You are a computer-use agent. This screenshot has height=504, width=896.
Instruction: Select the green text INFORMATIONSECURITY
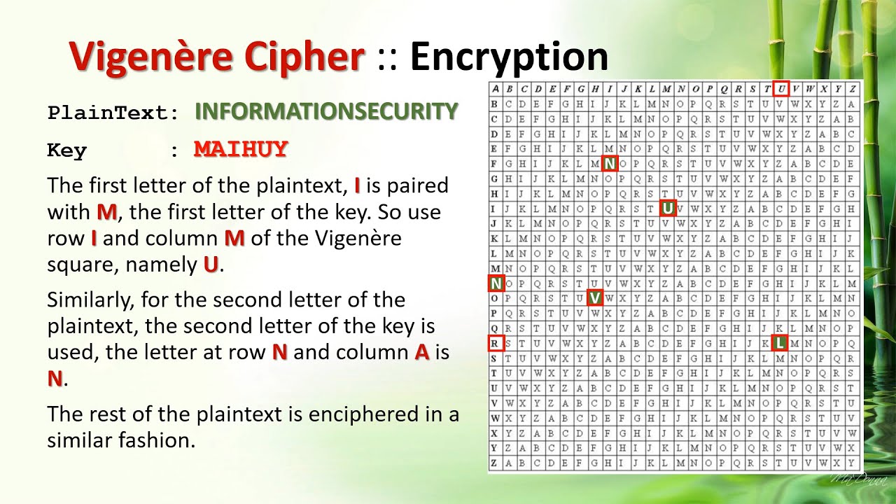pyautogui.click(x=326, y=111)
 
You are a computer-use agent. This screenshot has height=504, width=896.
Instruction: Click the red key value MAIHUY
pyautogui.click(x=241, y=149)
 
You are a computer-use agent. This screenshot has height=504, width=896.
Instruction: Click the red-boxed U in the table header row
pyautogui.click(x=782, y=89)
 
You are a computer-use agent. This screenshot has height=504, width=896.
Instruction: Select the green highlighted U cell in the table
pyautogui.click(x=668, y=207)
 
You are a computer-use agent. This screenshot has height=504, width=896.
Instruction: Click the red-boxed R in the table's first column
pyautogui.click(x=496, y=343)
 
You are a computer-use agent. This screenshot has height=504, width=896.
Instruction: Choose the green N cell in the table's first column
pyautogui.click(x=496, y=283)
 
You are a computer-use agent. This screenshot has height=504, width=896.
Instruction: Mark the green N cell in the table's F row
pyautogui.click(x=610, y=164)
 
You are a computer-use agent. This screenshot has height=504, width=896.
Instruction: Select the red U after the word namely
pyautogui.click(x=211, y=265)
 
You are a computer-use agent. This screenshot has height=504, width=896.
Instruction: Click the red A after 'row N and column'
pyautogui.click(x=421, y=352)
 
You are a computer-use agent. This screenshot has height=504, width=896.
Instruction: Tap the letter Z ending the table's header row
pyautogui.click(x=853, y=89)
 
